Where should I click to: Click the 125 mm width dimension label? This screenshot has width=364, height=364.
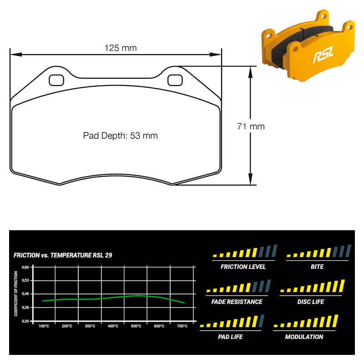coord(121,48)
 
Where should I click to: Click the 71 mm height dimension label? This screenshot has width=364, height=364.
coord(251,126)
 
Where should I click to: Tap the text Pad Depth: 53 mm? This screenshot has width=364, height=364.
coord(120,136)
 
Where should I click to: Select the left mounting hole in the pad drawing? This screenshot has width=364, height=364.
coord(56,80)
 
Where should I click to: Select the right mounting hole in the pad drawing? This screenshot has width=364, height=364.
coord(175,80)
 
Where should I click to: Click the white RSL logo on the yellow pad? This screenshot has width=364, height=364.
coord(324,55)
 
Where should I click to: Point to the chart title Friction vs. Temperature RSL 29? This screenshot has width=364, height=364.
coord(63,255)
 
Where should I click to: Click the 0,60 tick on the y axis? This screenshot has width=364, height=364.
coord(25,267)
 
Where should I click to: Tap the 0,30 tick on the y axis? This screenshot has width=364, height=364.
coord(25,321)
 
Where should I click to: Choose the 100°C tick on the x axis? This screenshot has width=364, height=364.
coord(44,326)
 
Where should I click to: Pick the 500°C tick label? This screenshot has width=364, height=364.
coord(136,326)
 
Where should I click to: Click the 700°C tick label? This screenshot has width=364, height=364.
coord(182,326)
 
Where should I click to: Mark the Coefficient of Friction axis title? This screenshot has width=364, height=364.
coord(16,293)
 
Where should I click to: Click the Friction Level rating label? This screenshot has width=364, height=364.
coord(243,267)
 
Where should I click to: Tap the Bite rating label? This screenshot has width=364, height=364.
coord(317,267)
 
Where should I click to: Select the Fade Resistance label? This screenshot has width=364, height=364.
coord(237,302)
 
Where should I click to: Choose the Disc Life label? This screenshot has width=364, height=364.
coord(311,302)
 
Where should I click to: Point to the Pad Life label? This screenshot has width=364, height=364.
coord(230,337)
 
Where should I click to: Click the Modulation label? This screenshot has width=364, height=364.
coord(304,337)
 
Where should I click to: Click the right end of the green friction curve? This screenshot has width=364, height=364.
coord(184,303)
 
